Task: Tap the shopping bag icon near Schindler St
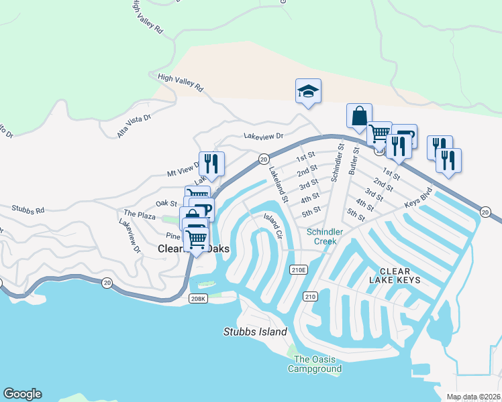pyautogui.click(x=359, y=115)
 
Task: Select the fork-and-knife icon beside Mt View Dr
pyautogui.click(x=211, y=163)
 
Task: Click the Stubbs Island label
pyautogui.click(x=255, y=332)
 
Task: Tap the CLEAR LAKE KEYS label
pyautogui.click(x=395, y=275)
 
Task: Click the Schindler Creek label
pyautogui.click(x=325, y=237)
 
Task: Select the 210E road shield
pyautogui.click(x=299, y=269)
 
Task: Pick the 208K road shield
pyautogui.click(x=197, y=299)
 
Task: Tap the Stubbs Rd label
pyautogui.click(x=28, y=209)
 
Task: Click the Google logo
pyautogui.click(x=22, y=394)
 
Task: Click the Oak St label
pyautogui.click(x=166, y=203)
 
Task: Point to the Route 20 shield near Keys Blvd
pyautogui.click(x=485, y=212)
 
